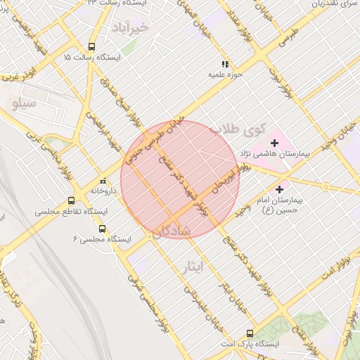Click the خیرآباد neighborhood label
pyautogui.click(x=131, y=27)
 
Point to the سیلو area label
pyautogui.click(x=23, y=104)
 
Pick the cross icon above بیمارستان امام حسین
pyautogui.click(x=280, y=189)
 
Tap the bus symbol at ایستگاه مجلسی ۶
pyautogui.click(x=103, y=229)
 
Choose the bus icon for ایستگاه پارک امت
pyautogui.click(x=250, y=333)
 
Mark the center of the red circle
pyautogui.click(x=180, y=180)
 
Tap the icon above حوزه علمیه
pyautogui.click(x=224, y=64)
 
